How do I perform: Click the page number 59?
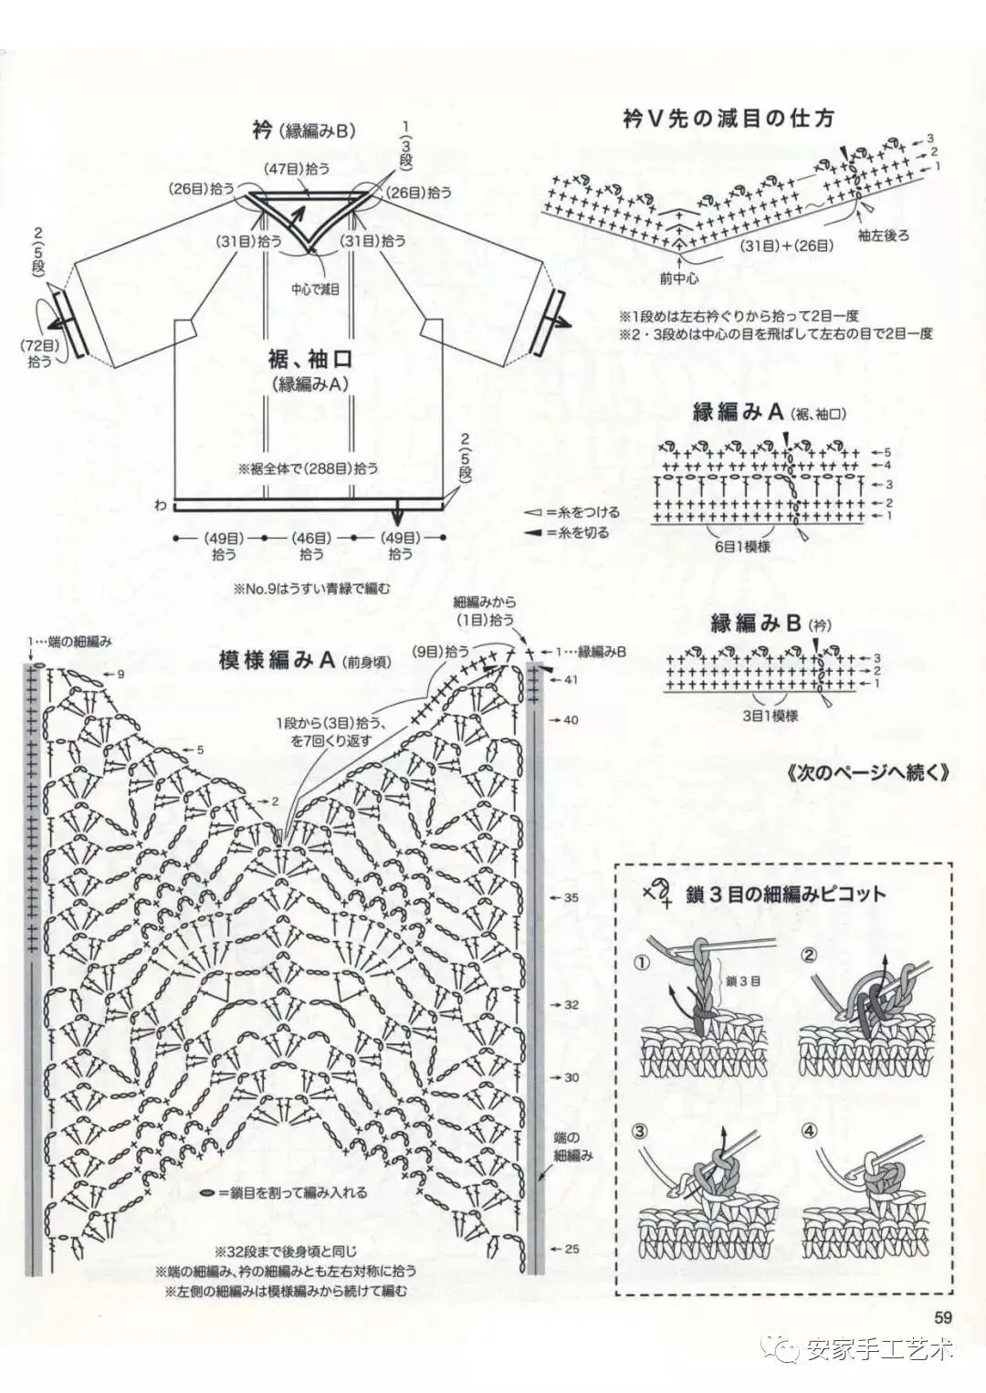pos(943,1316)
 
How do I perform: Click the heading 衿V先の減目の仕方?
pos(728,118)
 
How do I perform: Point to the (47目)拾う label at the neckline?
pos(298,169)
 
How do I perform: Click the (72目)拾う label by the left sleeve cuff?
pos(40,352)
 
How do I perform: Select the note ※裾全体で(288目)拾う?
pos(308,468)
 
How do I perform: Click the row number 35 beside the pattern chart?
pos(571,897)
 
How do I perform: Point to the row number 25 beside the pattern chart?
pos(571,1249)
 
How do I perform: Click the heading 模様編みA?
pos(278,660)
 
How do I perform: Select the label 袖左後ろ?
pos(883,235)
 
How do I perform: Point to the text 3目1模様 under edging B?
pos(771,716)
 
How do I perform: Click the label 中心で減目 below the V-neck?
pos(316,289)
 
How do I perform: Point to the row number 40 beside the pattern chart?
pos(571,720)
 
